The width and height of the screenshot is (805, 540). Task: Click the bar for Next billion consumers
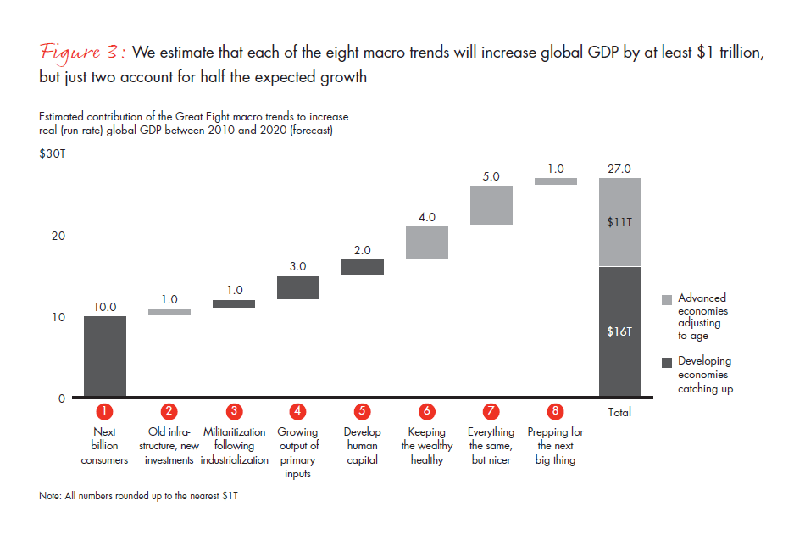click(x=105, y=356)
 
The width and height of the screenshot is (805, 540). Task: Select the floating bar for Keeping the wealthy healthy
click(x=427, y=242)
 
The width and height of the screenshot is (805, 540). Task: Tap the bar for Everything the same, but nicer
click(x=491, y=205)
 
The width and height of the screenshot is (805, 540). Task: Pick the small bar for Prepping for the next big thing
click(x=556, y=181)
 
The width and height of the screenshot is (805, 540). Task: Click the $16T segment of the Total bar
click(x=620, y=331)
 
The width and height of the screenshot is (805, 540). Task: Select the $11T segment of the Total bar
click(x=620, y=222)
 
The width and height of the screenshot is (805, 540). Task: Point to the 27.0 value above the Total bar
click(x=620, y=169)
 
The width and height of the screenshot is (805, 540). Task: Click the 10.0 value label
click(x=105, y=307)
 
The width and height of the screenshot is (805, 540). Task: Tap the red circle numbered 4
click(x=298, y=411)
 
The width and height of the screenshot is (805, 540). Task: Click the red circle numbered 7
click(x=491, y=411)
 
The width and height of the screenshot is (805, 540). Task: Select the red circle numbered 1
click(x=105, y=411)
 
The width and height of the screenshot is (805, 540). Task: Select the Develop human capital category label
click(x=362, y=446)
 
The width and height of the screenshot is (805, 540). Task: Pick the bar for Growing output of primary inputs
click(x=298, y=287)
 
